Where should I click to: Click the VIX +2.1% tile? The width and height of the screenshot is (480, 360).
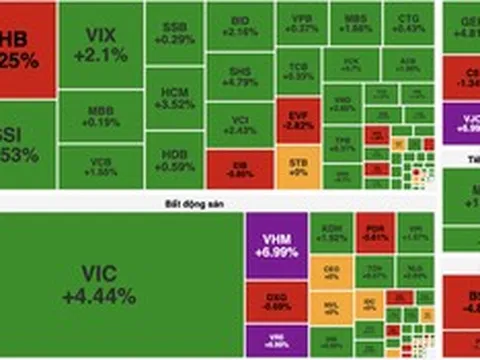pos(100,45)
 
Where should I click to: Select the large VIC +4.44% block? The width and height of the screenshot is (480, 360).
pos(120,285)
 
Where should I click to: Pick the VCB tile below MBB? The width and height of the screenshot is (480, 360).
pos(100,167)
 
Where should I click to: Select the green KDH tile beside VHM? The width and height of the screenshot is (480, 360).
pos(331,234)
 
